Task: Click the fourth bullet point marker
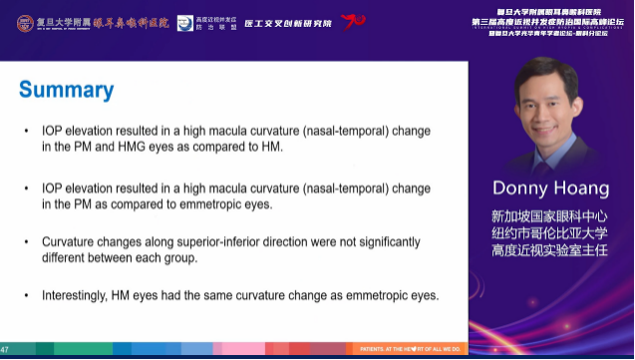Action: coord(26,296)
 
